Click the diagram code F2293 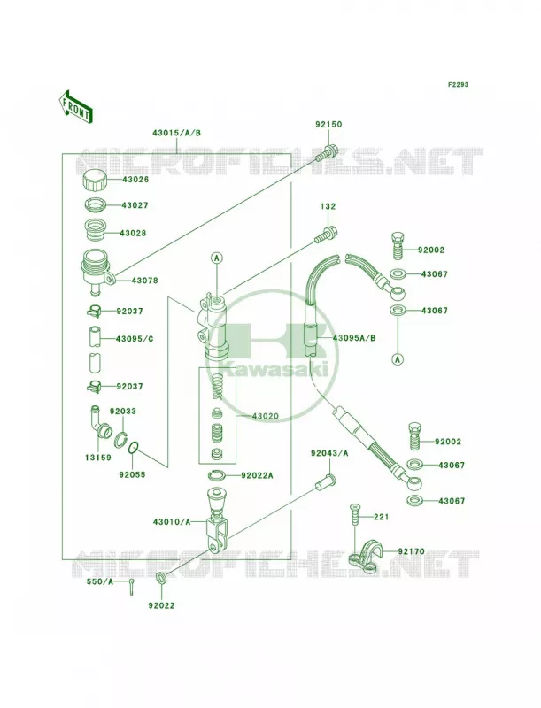[x=445, y=84]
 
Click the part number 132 [x=328, y=206]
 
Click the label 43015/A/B [x=176, y=133]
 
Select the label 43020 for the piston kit [x=265, y=416]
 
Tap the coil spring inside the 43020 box [x=217, y=387]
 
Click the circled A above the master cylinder [x=217, y=258]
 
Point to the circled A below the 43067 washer [x=398, y=359]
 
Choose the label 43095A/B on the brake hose [x=354, y=338]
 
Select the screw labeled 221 [x=354, y=515]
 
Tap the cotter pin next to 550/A [x=131, y=587]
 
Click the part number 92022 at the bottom [x=161, y=605]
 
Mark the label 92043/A [x=329, y=453]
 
